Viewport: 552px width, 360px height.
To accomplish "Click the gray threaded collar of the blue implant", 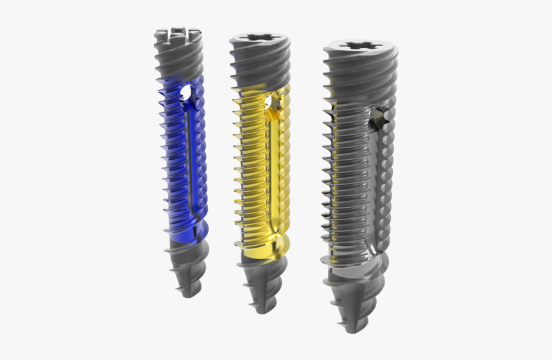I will [178, 58].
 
